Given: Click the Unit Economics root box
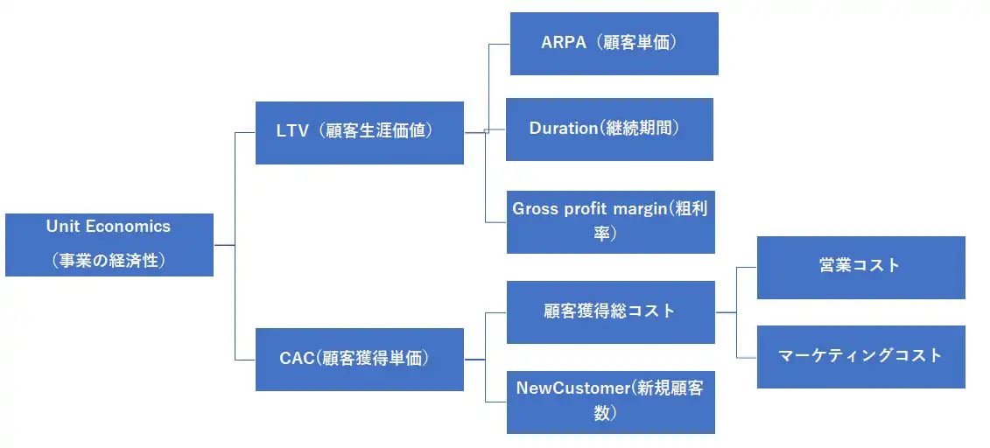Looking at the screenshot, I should point(109,244).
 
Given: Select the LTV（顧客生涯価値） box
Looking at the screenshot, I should point(359,132).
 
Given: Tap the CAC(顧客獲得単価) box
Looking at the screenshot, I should point(359,359).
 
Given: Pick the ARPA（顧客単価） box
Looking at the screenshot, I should point(614,43).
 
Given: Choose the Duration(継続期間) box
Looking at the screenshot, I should point(609,129).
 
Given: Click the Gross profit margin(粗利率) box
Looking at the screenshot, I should point(611,221).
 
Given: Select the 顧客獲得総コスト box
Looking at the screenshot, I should point(610,311).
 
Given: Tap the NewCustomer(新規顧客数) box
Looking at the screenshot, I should point(610,402).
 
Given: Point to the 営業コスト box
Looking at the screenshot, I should point(860,267).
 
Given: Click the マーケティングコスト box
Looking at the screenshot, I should point(860,356).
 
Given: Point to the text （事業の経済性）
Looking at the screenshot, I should point(109,260).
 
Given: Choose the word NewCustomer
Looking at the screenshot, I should point(572,388).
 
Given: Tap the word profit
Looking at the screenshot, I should point(584,210).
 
